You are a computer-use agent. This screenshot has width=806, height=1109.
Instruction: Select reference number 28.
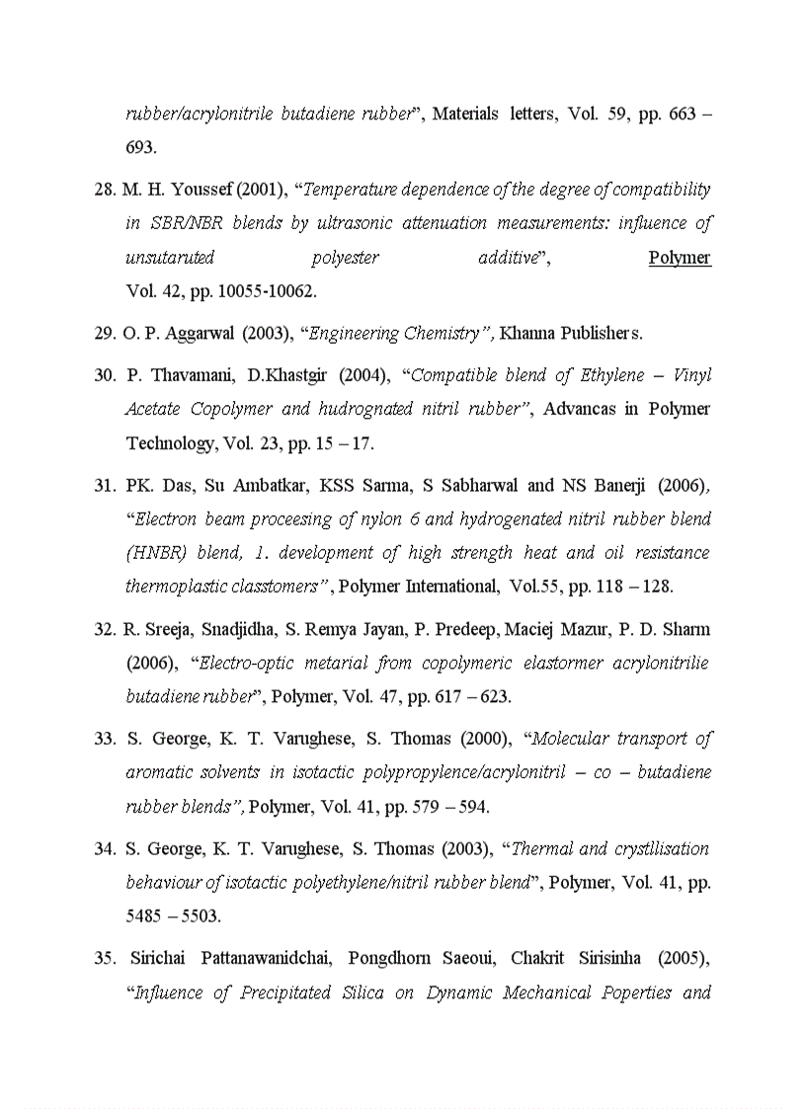coord(105,189)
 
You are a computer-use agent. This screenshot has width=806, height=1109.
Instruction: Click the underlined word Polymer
coord(680,258)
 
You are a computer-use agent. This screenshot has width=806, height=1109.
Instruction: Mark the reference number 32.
coord(105,629)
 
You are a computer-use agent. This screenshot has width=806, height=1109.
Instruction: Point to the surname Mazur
coord(579,629)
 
